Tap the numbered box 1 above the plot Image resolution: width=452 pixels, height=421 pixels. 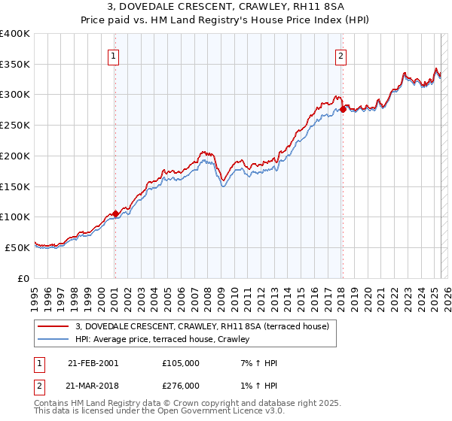[113, 55]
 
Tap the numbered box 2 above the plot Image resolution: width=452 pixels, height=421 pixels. [341, 55]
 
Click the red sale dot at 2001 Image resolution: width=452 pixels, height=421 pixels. [115, 214]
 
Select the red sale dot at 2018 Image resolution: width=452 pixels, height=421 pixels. [343, 109]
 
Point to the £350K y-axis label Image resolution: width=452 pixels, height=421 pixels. [15, 65]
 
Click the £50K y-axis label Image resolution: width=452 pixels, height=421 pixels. [18, 247]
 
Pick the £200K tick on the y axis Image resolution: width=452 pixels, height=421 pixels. [15, 156]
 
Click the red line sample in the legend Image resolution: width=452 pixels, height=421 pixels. [53, 327]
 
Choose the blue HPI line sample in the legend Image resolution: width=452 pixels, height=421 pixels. [53, 340]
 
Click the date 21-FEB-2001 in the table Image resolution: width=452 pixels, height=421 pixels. [93, 363]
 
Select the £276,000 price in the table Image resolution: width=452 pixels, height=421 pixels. [181, 386]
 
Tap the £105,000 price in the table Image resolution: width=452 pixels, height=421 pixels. [181, 363]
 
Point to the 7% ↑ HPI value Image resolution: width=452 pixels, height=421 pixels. [257, 363]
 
